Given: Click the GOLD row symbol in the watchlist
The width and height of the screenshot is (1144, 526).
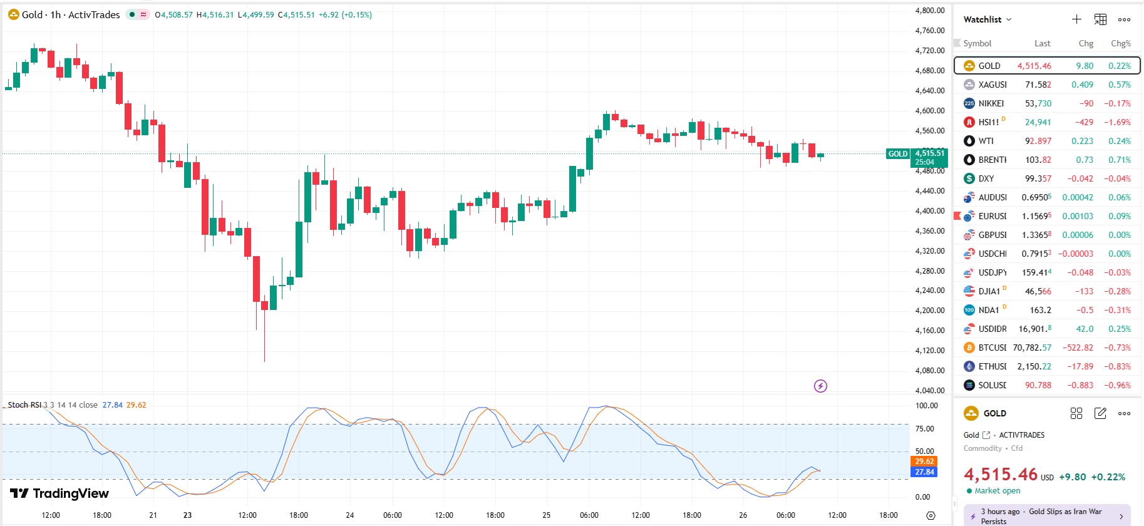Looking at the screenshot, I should (x=989, y=66).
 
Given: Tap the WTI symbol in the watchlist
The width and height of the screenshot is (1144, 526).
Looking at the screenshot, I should (x=986, y=141).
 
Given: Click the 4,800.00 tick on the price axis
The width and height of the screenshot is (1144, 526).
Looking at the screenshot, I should (x=929, y=11).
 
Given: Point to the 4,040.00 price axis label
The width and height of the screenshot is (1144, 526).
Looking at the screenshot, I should (x=929, y=390).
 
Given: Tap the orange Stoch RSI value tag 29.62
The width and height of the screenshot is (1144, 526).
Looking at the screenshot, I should (x=924, y=462).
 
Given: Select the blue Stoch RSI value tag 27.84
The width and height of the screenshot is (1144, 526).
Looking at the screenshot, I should (x=924, y=472).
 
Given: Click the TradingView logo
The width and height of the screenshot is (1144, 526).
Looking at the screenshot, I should (x=60, y=493).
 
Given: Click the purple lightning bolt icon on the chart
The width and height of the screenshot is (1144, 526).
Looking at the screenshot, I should (x=820, y=386).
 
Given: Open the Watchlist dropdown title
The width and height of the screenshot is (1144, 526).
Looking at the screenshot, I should (x=987, y=19).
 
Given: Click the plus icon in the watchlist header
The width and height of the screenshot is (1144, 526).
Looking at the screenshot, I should (x=1076, y=19).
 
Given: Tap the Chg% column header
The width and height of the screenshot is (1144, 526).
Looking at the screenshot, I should (x=1120, y=43).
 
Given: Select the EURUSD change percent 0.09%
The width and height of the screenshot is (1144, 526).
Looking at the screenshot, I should (x=1119, y=216).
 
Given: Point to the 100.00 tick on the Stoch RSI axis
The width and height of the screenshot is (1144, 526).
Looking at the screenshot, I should (x=926, y=406).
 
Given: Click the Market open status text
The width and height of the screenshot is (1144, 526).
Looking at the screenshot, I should (x=997, y=491).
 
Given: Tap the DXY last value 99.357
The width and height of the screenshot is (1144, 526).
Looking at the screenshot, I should (x=1038, y=178).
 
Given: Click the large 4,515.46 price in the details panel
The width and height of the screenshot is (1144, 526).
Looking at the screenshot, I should (x=1001, y=475).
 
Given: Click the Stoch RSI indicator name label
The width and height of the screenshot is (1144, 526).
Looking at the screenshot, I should (x=24, y=405).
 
